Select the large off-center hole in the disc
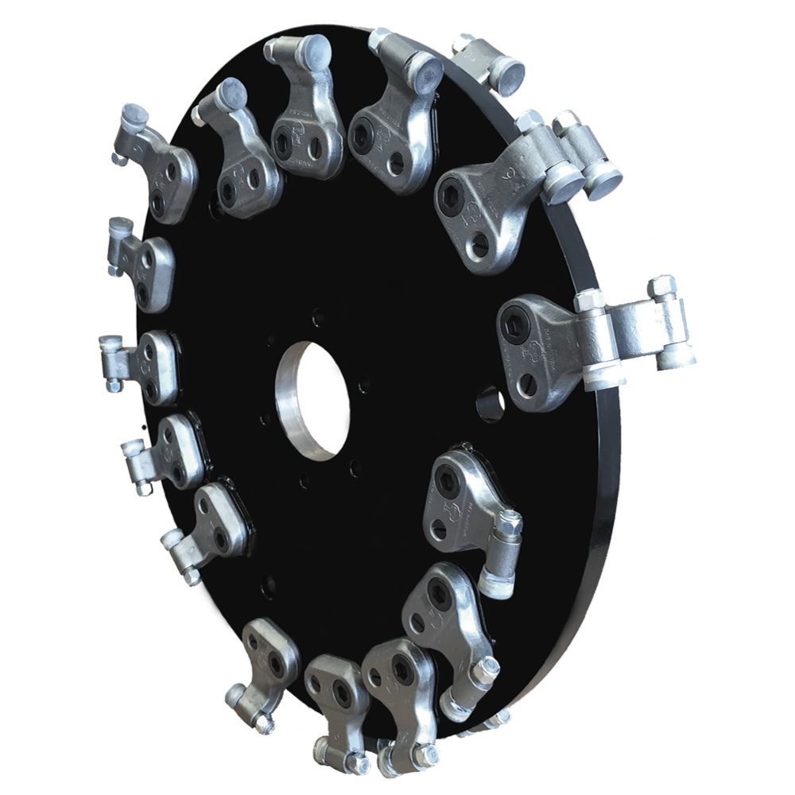coord(490,401)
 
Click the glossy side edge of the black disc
coord(608,477)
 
